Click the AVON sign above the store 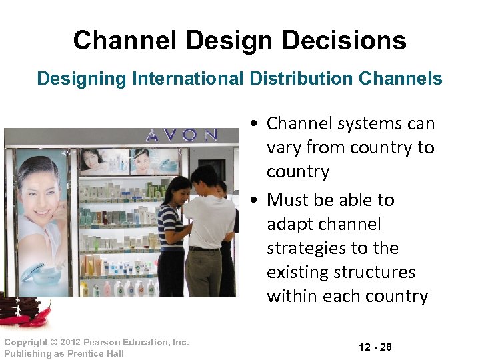click(182, 135)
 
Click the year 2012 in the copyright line click(73, 342)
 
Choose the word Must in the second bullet click(289, 200)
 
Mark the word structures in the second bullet click(377, 272)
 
